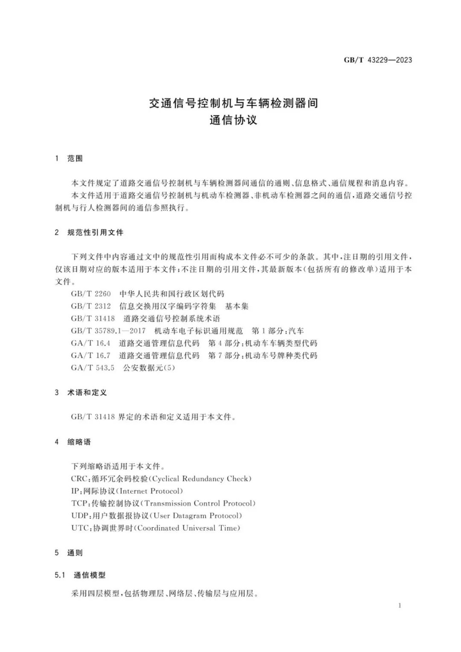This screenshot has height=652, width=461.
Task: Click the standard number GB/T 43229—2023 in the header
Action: [378, 60]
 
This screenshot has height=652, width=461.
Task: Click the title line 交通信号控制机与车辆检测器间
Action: [233, 103]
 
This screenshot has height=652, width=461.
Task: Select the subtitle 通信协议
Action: [233, 120]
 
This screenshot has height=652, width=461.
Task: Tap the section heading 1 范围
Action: [69, 158]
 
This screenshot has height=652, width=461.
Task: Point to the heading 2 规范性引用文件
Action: [89, 232]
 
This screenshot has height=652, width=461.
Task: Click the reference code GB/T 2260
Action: [91, 294]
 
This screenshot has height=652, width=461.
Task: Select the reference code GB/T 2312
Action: [91, 306]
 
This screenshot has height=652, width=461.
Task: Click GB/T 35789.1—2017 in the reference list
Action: [108, 331]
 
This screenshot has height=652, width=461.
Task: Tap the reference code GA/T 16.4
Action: [90, 343]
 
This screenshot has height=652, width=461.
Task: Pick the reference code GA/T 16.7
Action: [90, 356]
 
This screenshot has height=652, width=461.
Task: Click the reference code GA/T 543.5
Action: [93, 368]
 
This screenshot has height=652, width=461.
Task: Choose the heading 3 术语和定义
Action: [81, 392]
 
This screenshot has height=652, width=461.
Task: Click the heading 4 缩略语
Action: [73, 442]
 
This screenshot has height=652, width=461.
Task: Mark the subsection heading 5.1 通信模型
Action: [80, 575]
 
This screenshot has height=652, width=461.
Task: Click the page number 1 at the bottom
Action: [400, 605]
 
